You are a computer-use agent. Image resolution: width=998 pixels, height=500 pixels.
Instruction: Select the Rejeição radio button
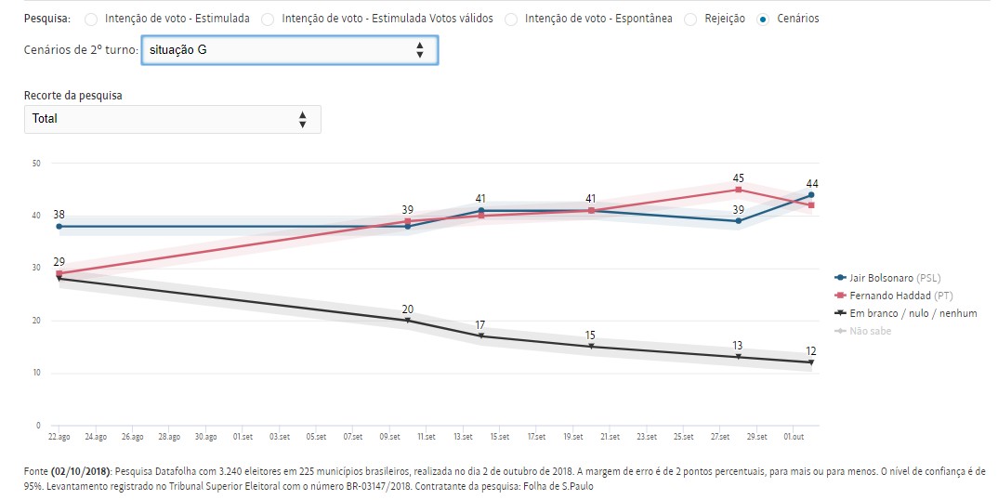[690, 19]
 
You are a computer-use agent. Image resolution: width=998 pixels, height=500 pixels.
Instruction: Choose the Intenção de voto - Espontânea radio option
[511, 19]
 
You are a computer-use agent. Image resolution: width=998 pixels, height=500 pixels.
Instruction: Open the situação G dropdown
[289, 49]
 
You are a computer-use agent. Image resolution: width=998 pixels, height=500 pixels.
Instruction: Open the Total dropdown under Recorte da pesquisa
[172, 119]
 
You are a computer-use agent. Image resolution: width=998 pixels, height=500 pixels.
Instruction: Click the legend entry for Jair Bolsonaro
[889, 278]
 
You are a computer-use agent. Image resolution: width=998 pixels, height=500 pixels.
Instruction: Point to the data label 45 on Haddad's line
[738, 178]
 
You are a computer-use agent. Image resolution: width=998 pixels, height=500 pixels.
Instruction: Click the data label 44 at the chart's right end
[811, 183]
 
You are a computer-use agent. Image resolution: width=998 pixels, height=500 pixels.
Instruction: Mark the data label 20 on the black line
[407, 309]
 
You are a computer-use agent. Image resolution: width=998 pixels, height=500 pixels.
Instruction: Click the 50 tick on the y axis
[36, 164]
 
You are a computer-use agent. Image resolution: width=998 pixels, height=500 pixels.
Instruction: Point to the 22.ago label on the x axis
[59, 436]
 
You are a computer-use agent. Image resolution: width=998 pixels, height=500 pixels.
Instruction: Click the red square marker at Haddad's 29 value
[59, 274]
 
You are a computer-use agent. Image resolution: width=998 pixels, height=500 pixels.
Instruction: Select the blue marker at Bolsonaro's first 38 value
[59, 226]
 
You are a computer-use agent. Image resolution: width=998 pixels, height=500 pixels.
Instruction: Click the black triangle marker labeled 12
[811, 362]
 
